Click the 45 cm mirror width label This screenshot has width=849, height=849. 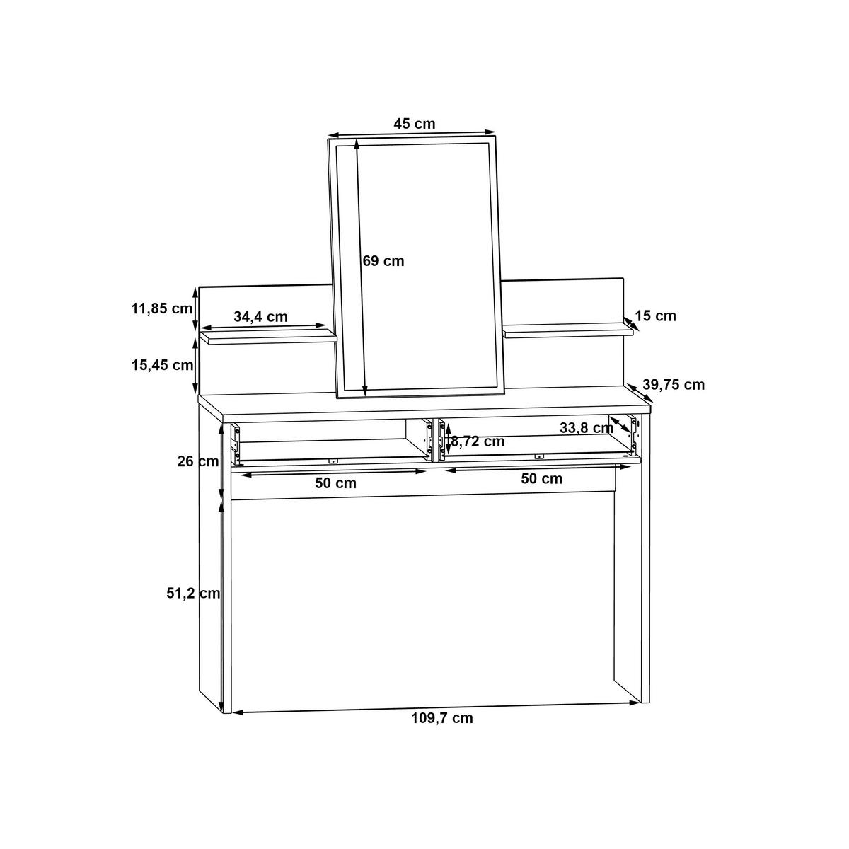(x=415, y=123)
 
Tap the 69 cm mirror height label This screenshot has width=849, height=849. (x=383, y=261)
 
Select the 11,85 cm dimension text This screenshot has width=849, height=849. (x=162, y=308)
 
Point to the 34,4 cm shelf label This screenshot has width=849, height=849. (x=260, y=317)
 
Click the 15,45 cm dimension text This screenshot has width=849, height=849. (x=162, y=365)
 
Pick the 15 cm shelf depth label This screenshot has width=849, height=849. (x=655, y=316)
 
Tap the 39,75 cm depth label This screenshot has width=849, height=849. (x=674, y=385)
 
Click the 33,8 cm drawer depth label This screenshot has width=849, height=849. (x=586, y=428)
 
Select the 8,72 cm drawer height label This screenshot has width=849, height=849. (x=478, y=441)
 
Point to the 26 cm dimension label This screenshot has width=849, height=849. (x=197, y=462)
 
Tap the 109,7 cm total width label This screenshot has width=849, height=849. (x=442, y=718)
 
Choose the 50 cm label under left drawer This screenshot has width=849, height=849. (x=335, y=484)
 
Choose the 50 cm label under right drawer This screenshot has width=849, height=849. (x=541, y=479)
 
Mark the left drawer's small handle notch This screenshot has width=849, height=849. (x=333, y=460)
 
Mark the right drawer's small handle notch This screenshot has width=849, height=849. (x=538, y=456)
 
